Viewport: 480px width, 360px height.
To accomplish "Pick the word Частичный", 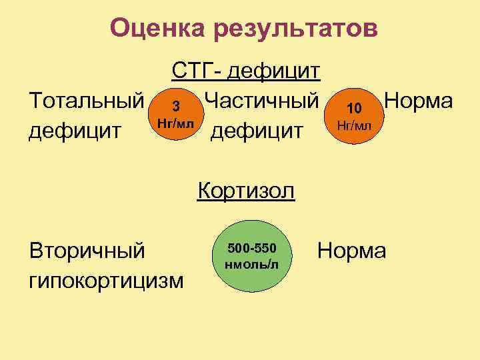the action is tap(262, 101).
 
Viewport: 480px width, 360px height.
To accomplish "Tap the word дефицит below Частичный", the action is tap(257, 130).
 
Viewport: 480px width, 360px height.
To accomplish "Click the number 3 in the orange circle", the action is tap(175, 107).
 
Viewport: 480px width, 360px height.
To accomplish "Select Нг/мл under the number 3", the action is tap(175, 123).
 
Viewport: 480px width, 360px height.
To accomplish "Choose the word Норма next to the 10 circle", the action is tap(419, 101).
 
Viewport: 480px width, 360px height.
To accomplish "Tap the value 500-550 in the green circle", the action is tap(252, 249).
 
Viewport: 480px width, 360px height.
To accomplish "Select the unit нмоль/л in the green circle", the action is tap(252, 263).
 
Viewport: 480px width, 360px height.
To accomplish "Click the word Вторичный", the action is tap(87, 251).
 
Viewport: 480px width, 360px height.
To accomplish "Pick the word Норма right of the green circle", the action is tap(351, 251).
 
